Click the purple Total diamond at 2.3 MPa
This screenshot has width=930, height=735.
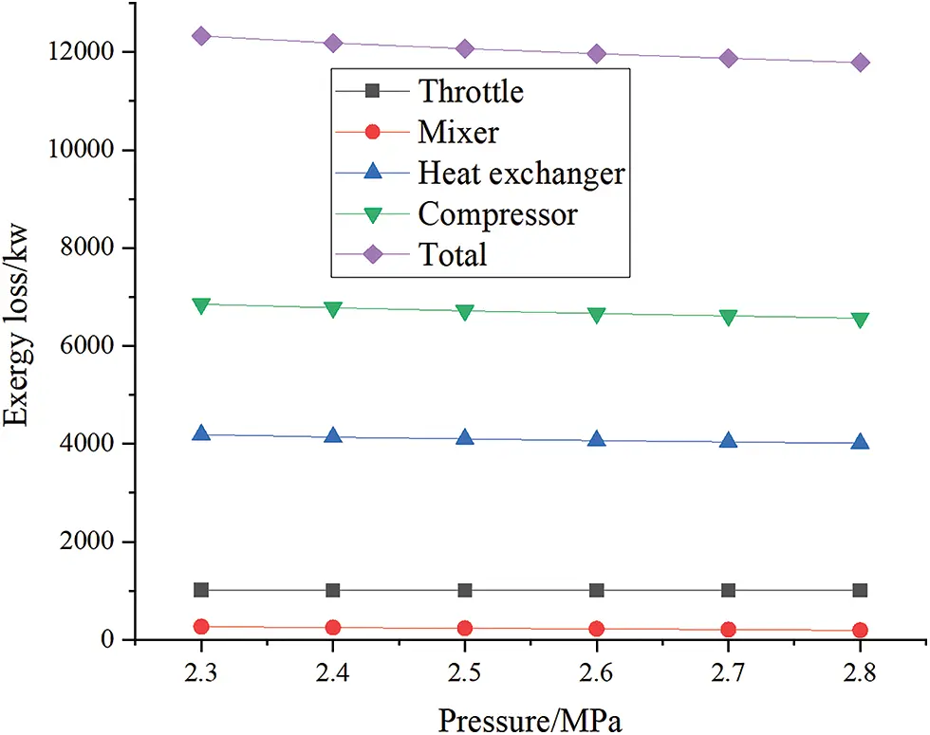tap(201, 36)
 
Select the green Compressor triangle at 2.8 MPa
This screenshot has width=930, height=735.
tap(860, 320)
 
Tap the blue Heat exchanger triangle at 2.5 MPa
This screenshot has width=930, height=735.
tap(465, 437)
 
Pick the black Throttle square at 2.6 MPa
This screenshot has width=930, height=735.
tap(597, 590)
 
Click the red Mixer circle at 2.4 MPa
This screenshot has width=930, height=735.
tap(333, 627)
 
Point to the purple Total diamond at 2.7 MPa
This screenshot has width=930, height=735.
tap(729, 58)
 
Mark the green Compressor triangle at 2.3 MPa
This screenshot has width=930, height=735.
tap(201, 304)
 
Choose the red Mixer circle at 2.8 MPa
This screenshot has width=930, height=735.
tap(860, 630)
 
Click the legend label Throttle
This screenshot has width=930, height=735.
tap(471, 91)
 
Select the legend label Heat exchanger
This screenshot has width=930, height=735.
tap(521, 174)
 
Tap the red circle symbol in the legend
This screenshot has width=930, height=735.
tap(373, 133)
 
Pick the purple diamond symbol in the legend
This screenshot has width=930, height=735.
tap(373, 254)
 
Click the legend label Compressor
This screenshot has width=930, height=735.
tap(497, 214)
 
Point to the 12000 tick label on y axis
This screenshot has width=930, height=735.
tap(90, 52)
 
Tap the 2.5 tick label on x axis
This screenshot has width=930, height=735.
tap(465, 671)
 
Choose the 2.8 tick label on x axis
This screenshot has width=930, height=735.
tap(860, 671)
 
